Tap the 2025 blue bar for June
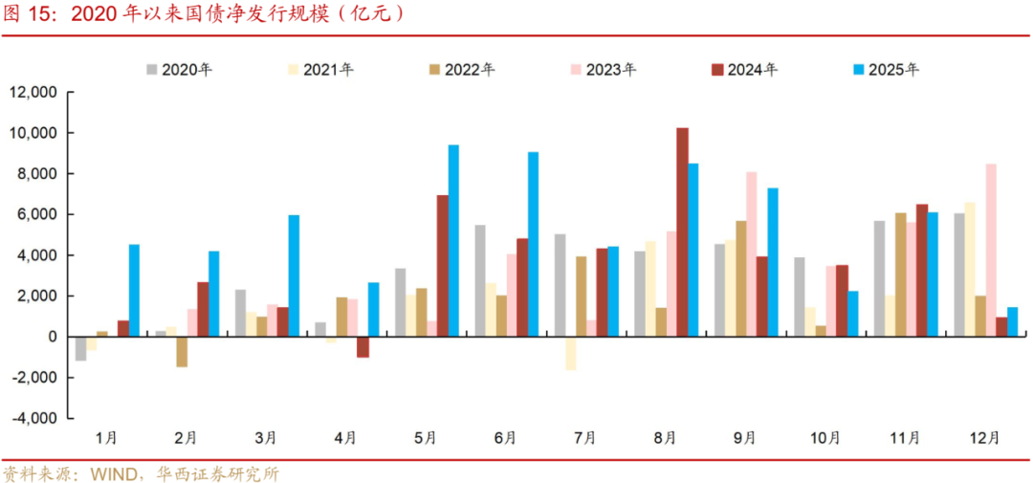pyautogui.click(x=533, y=244)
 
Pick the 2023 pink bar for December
pyautogui.click(x=990, y=250)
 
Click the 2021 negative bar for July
pyautogui.click(x=571, y=353)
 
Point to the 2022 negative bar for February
pyautogui.click(x=182, y=352)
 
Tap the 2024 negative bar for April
pyautogui.click(x=363, y=347)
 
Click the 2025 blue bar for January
pyautogui.click(x=134, y=291)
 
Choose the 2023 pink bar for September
pyautogui.click(x=751, y=254)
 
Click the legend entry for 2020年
pyautogui.click(x=179, y=70)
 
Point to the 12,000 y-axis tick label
pyautogui.click(x=33, y=92)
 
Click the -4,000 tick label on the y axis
pyautogui.click(x=33, y=418)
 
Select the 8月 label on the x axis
pyautogui.click(x=665, y=437)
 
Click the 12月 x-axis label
pyautogui.click(x=984, y=437)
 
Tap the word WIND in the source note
pyautogui.click(x=113, y=473)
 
